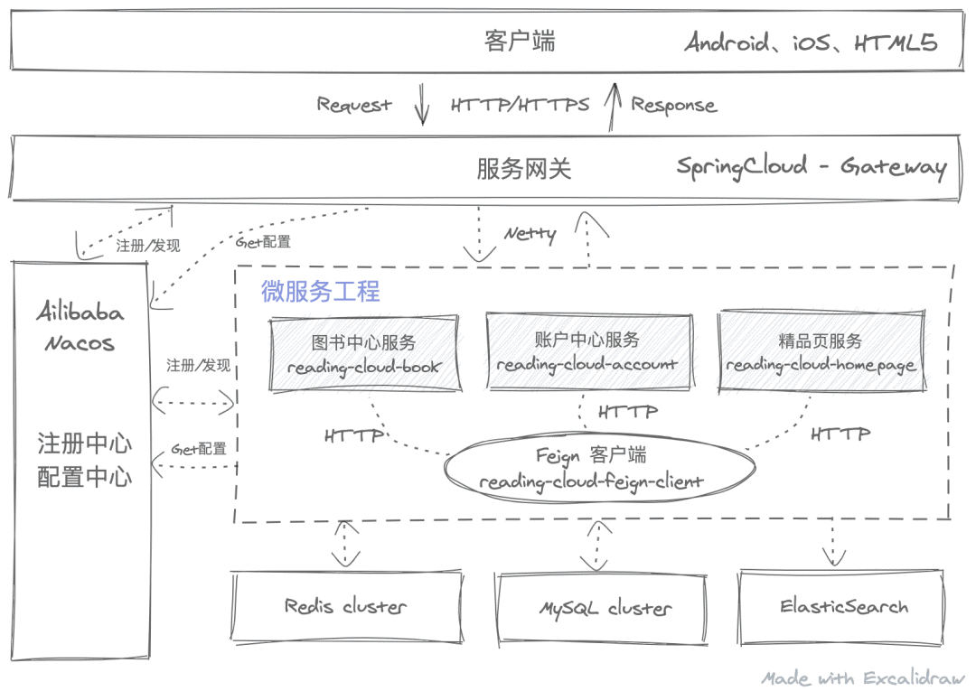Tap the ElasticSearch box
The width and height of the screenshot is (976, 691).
coord(843,606)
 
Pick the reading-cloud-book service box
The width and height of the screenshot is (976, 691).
coord(364,354)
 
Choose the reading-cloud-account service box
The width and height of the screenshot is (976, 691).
coord(587,351)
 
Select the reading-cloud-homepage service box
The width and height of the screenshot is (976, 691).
coord(821,353)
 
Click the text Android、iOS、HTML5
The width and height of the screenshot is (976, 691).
coord(811,42)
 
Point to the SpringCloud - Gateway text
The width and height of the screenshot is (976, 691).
coord(811,167)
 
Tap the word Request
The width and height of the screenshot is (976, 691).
coord(353,105)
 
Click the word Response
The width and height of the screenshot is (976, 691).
coord(673,105)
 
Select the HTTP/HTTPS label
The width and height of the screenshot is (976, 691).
coord(520,105)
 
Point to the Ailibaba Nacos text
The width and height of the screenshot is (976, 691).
coord(80,328)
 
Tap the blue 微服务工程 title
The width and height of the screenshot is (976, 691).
coord(321,291)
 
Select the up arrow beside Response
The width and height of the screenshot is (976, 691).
coord(615,104)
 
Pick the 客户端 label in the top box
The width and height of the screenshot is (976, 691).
coord(520,42)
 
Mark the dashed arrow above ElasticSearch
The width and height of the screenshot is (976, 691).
coord(831,545)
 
